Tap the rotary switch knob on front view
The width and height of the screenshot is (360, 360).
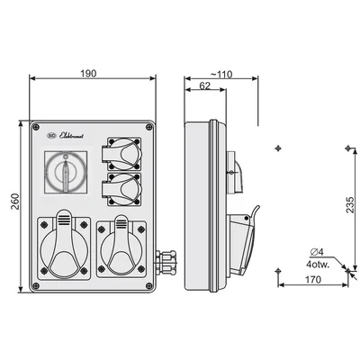pos(64,173)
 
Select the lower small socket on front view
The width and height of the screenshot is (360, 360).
pos(125,191)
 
